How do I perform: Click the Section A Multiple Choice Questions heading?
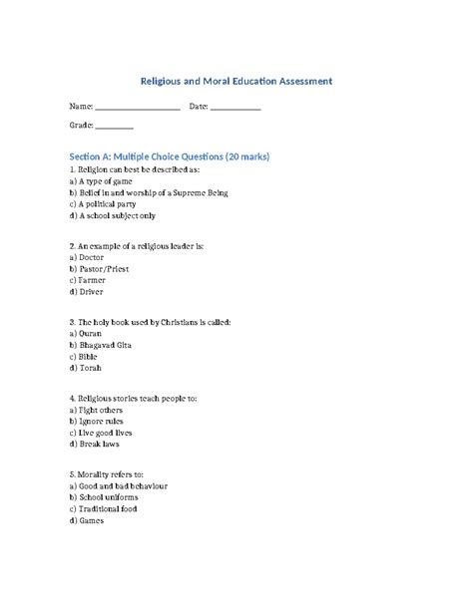170,156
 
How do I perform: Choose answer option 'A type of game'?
108,182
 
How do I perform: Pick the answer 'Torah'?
88,367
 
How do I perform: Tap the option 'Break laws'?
99,444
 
